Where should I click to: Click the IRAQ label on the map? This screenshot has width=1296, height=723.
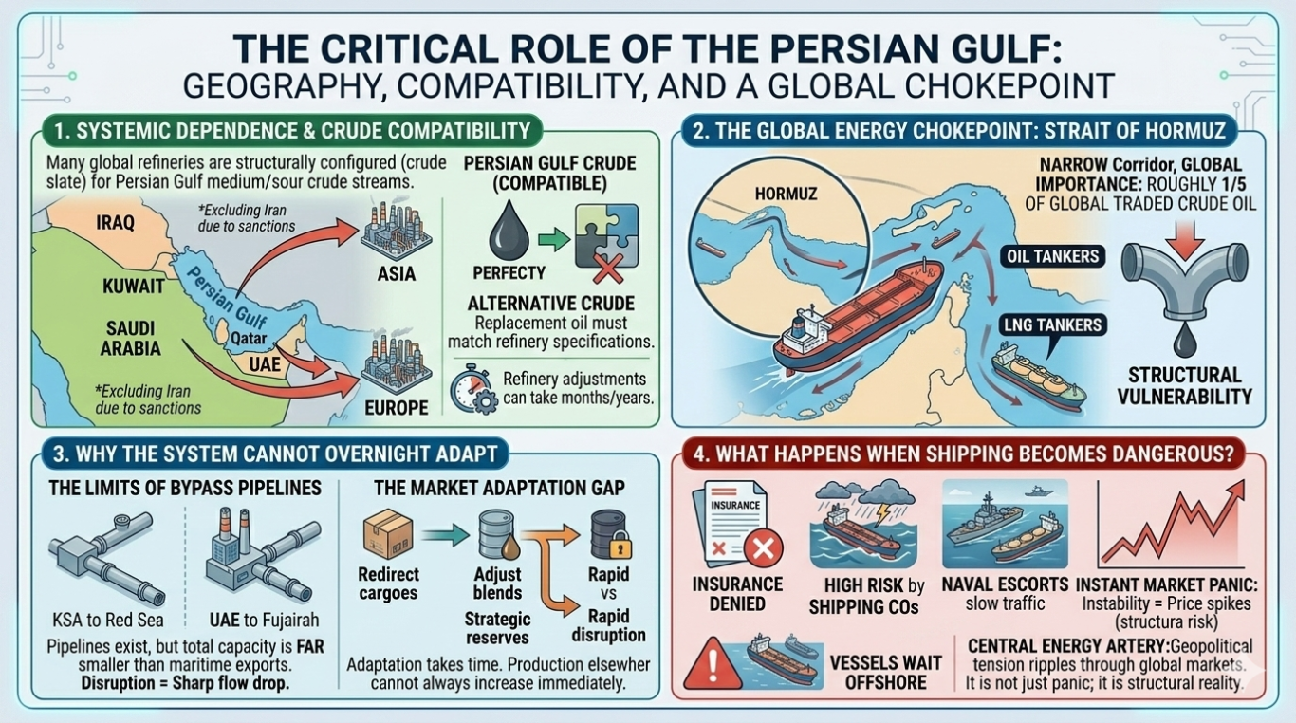click(116, 223)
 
